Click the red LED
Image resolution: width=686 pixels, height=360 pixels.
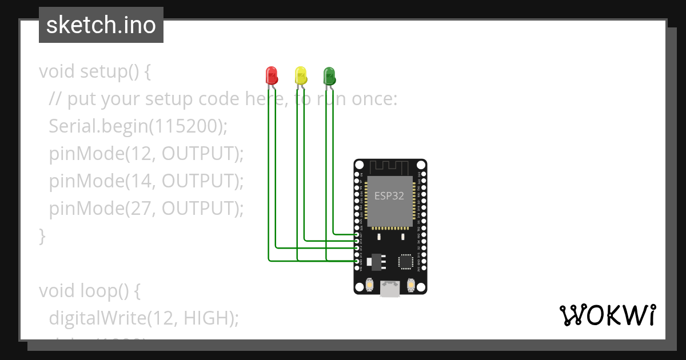tap(272, 75)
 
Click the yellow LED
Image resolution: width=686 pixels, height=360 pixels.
tap(300, 75)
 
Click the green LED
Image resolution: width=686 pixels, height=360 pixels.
tap(329, 75)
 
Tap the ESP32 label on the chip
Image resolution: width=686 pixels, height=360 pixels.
tap(389, 195)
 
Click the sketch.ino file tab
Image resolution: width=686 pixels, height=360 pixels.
tap(101, 25)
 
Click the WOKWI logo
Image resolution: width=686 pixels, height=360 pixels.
tap(607, 315)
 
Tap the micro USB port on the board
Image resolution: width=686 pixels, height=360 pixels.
tap(390, 289)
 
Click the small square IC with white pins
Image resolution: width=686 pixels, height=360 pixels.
tap(406, 261)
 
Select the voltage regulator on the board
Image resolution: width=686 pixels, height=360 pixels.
tap(375, 261)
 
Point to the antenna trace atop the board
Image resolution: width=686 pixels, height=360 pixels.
tap(389, 166)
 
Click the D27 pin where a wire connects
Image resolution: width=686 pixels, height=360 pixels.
tap(357, 234)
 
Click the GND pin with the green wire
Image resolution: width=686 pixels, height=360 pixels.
tap(357, 261)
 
